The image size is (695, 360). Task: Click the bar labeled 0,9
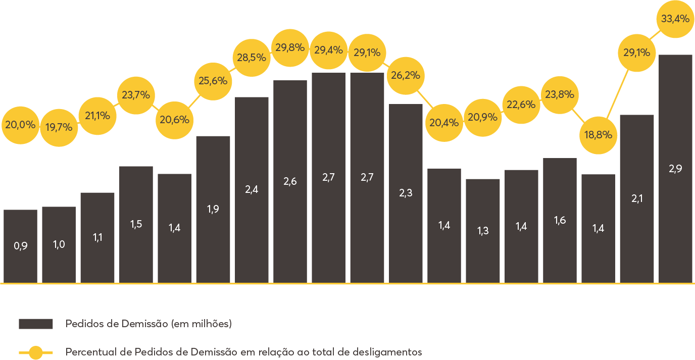[x=20, y=246]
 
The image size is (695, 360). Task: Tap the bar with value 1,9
[x=213, y=209]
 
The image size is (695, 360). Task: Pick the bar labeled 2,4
[x=252, y=189]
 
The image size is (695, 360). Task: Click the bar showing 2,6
[x=290, y=181]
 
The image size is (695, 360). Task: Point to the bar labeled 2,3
[x=406, y=193]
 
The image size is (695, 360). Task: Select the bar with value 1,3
[x=483, y=231]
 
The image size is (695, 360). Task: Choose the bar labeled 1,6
[x=560, y=220]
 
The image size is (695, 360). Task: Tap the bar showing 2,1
[x=637, y=198]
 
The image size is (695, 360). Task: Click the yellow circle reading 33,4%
[x=675, y=19]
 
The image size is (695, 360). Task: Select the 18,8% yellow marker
[x=599, y=135]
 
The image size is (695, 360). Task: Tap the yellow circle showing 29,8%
[x=290, y=48]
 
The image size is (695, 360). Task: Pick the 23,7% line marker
[x=136, y=94]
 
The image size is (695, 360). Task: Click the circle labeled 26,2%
[x=406, y=76]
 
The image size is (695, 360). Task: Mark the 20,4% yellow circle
[x=444, y=122]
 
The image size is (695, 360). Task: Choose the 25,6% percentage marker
[x=213, y=80]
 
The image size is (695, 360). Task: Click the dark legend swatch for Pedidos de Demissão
[x=36, y=324]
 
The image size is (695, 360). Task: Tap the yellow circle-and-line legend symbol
[x=36, y=352]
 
